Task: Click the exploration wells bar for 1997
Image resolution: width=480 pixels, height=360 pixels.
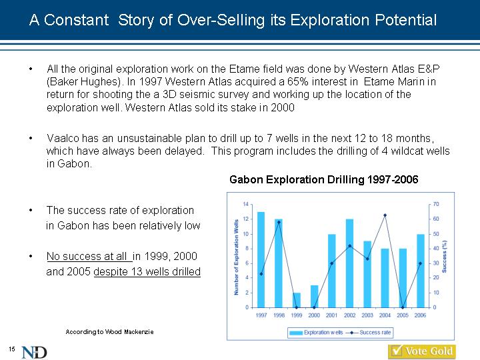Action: click(x=261, y=259)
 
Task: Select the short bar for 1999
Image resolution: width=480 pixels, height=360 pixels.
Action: click(x=296, y=300)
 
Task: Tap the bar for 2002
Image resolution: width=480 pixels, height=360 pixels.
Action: click(x=349, y=263)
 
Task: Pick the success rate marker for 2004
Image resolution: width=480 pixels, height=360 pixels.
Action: click(x=385, y=215)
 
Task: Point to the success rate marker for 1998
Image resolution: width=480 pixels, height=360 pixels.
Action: click(x=279, y=222)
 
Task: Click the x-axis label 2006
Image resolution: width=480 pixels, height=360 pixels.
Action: click(x=420, y=315)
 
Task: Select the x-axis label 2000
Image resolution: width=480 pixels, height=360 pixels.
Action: click(x=314, y=315)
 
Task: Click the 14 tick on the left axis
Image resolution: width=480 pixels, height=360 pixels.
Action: click(x=246, y=204)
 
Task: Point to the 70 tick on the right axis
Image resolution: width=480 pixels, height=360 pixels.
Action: click(x=436, y=204)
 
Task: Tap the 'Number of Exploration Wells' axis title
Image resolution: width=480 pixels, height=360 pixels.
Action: click(x=236, y=257)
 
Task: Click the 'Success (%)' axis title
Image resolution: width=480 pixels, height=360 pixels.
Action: click(x=444, y=257)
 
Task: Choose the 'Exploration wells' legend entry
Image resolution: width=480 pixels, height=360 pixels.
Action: click(x=316, y=333)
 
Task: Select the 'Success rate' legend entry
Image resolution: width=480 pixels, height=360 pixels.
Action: click(x=369, y=333)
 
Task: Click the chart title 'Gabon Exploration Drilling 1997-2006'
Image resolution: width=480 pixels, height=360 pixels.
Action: click(x=323, y=179)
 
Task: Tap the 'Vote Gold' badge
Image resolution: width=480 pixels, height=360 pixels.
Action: click(x=422, y=351)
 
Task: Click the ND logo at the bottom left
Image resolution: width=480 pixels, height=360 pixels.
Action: click(x=34, y=353)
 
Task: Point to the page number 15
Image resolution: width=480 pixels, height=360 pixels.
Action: click(x=11, y=349)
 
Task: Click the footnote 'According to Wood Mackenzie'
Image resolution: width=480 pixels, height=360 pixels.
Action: click(x=109, y=332)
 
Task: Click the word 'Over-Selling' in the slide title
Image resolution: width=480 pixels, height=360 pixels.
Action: click(x=221, y=20)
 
